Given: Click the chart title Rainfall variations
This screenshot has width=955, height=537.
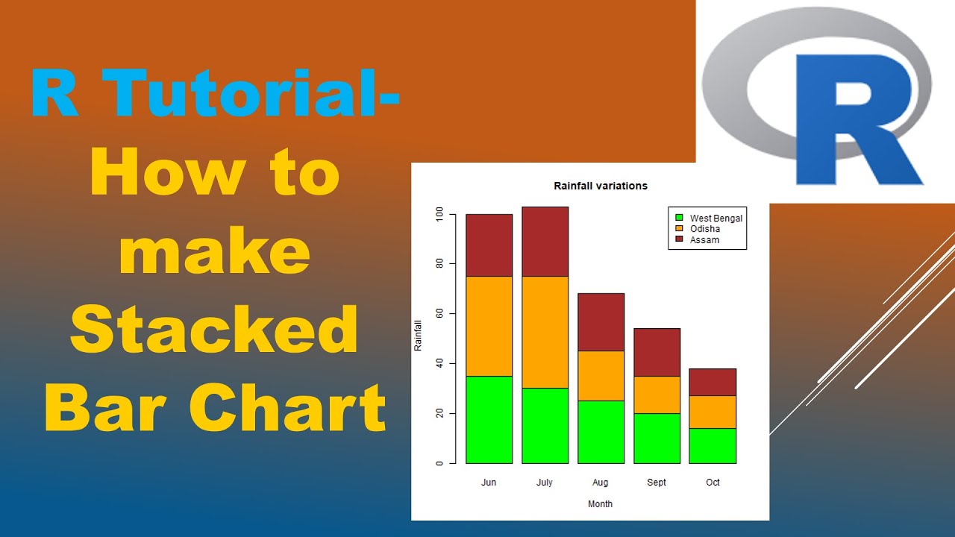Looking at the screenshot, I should (600, 186).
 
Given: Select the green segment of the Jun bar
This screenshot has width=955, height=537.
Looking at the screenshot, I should (489, 419).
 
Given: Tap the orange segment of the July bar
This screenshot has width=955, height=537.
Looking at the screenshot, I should (545, 332).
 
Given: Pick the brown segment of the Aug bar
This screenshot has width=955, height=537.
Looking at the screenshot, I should (601, 321).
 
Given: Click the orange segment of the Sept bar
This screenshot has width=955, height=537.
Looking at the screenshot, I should (657, 395).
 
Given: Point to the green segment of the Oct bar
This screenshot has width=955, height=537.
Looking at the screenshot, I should (713, 445).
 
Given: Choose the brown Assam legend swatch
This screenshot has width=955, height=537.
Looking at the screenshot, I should (679, 239).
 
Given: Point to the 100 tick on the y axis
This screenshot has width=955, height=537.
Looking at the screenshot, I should (439, 214).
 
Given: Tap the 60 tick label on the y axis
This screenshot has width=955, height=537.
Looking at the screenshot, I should (439, 313).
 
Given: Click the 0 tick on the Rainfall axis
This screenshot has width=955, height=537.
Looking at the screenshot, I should (439, 463).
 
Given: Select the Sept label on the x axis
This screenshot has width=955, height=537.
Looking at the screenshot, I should (657, 483).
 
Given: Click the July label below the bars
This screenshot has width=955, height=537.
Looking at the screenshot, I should (545, 483).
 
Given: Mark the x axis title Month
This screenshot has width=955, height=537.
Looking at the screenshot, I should (600, 504).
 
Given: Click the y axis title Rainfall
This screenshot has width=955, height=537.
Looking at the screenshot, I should (418, 336).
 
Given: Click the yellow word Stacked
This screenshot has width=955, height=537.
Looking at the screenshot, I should (214, 330).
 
